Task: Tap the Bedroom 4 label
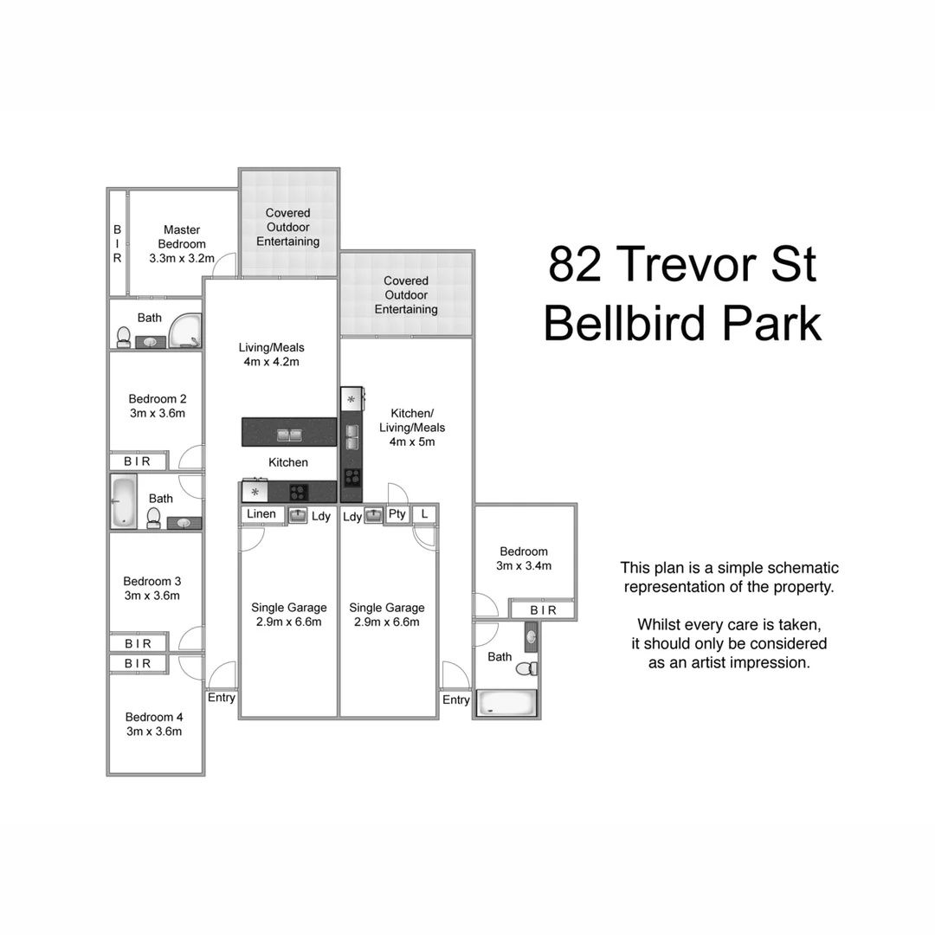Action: [x=154, y=717]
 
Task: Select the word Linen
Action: [x=261, y=514]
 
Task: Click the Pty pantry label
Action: [x=397, y=514]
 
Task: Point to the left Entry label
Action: [x=222, y=698]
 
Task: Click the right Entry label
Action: [x=456, y=700]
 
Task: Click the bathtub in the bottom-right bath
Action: [x=506, y=702]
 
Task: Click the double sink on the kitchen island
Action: [x=289, y=435]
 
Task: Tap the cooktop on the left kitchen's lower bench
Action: [x=299, y=493]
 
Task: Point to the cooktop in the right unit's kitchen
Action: [x=352, y=475]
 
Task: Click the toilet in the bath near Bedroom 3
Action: [x=154, y=518]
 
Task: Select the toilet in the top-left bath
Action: [x=124, y=336]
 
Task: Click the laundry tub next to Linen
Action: [x=298, y=516]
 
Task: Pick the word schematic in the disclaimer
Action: [x=796, y=568]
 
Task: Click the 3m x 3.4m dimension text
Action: [x=524, y=566]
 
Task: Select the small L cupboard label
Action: [x=424, y=514]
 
